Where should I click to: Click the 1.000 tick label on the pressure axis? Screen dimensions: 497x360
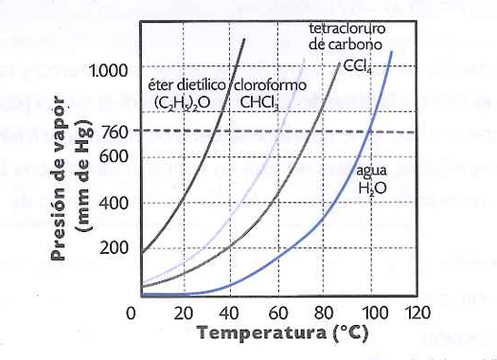tap(109, 70)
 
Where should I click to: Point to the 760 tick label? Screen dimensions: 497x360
tap(115, 132)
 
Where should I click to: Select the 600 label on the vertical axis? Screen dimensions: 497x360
tap(115, 156)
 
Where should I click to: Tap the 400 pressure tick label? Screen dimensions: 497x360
tap(115, 203)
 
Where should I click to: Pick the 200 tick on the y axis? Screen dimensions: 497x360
tap(115, 247)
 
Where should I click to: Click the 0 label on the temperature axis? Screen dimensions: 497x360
tap(131, 313)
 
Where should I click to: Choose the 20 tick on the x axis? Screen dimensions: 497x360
tap(184, 313)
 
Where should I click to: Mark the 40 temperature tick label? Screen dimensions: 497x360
tap(229, 313)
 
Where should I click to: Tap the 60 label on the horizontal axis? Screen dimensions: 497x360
tap(278, 313)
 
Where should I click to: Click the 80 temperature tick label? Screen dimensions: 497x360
tap(324, 313)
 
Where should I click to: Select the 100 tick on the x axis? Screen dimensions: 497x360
tap(375, 313)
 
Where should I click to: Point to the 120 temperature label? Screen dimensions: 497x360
tap(417, 313)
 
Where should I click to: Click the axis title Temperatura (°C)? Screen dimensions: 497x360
tap(283, 333)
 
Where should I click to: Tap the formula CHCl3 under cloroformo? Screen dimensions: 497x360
tap(259, 102)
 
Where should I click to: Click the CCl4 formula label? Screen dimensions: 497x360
tap(357, 67)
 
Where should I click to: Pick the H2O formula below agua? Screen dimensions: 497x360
tap(372, 189)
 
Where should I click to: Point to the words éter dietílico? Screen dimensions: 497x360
tap(187, 85)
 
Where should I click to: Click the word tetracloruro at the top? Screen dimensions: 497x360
tap(347, 28)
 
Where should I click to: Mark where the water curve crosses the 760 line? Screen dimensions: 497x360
tap(369, 132)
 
